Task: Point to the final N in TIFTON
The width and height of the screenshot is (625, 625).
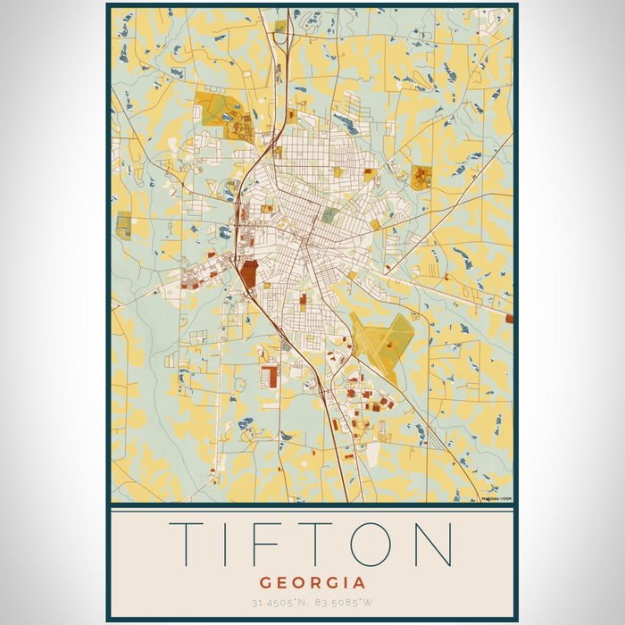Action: coord(437,544)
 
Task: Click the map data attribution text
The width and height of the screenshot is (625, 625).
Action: coord(496,499)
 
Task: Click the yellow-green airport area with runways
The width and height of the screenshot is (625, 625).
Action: coord(382,340)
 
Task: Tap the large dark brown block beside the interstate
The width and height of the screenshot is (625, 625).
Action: coord(247,274)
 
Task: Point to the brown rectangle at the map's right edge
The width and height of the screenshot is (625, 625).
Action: coord(509,318)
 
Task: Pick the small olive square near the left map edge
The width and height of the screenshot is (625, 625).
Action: coord(123,225)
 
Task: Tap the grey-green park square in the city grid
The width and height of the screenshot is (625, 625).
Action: coord(329,215)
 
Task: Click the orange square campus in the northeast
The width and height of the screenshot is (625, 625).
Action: coord(421,177)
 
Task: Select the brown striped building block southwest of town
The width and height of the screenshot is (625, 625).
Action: coord(269,376)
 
